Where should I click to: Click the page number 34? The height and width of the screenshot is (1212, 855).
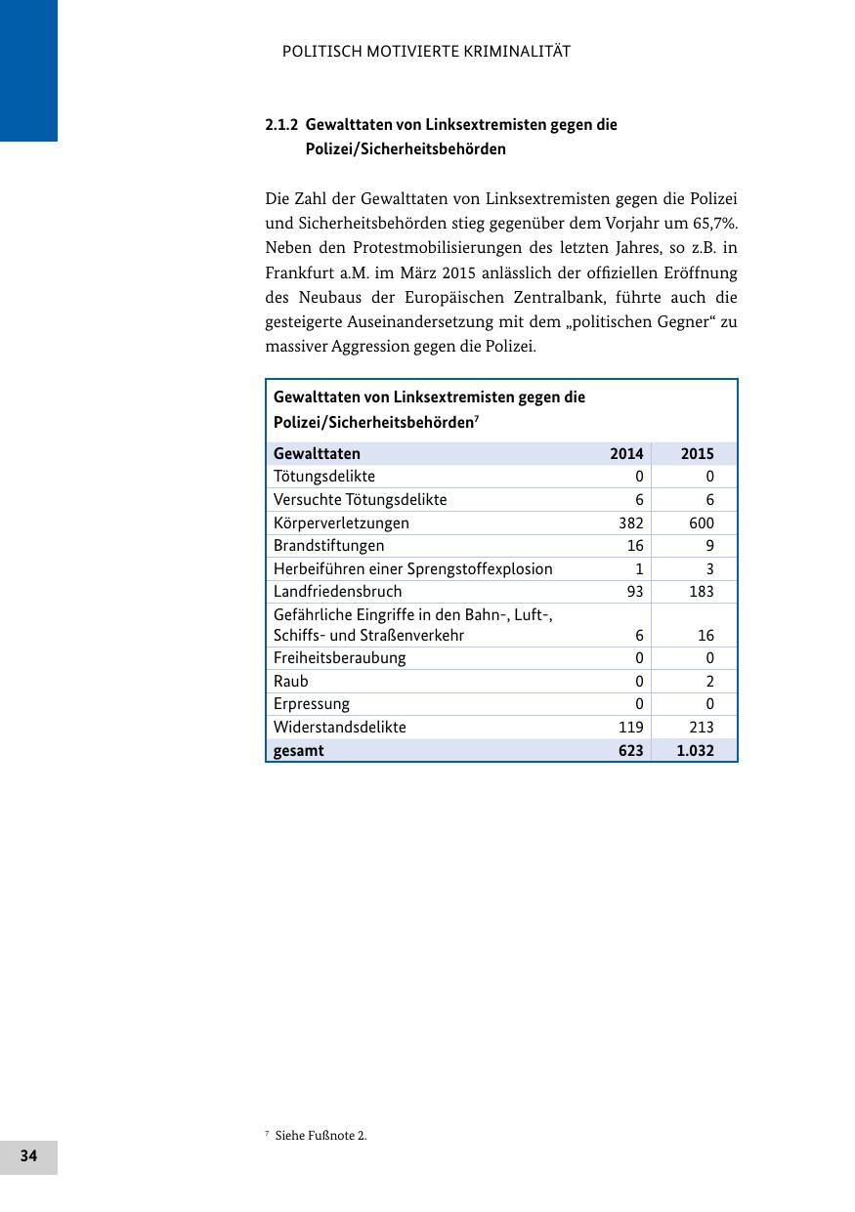point(28,1156)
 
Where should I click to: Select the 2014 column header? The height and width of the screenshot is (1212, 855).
point(626,453)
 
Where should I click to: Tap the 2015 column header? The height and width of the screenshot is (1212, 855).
point(697,453)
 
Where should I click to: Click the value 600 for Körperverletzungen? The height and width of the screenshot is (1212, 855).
point(701,522)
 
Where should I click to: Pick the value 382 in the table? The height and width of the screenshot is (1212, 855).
point(630,522)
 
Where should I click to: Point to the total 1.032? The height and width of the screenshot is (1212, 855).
point(695,750)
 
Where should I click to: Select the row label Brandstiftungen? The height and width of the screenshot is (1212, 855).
point(328,545)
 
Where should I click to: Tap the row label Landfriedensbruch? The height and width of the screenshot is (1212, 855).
point(337,591)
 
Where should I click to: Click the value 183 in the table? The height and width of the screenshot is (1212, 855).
point(701,591)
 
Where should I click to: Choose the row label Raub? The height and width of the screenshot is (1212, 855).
point(290,681)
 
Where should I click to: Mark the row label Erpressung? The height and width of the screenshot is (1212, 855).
point(311,703)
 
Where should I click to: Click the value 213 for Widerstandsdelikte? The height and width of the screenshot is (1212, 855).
point(701,727)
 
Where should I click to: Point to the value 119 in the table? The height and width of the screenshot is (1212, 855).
point(630,727)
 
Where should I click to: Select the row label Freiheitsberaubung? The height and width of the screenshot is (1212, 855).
point(339,657)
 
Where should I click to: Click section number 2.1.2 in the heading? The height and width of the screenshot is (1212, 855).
point(281,125)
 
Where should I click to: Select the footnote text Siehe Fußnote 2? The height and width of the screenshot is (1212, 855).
point(321,1135)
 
